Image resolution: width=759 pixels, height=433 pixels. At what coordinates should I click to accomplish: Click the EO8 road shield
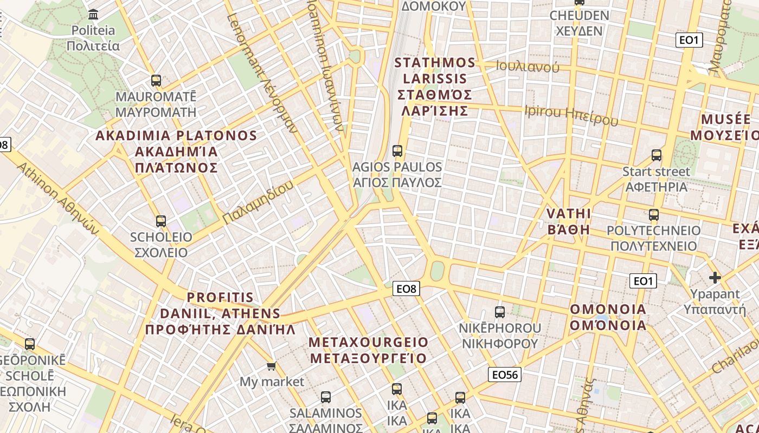click(x=407, y=289)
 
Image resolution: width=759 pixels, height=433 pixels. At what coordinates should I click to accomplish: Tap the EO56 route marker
click(x=504, y=375)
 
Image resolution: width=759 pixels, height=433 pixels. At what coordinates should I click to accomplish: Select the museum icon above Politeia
click(x=93, y=14)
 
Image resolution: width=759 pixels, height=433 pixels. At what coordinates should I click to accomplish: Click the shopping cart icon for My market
click(x=272, y=366)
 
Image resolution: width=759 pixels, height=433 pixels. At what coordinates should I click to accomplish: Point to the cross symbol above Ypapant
click(x=715, y=278)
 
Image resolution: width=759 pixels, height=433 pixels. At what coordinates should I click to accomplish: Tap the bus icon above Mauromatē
click(x=156, y=81)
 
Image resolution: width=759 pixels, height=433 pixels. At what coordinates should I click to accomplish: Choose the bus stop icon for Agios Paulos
click(x=397, y=151)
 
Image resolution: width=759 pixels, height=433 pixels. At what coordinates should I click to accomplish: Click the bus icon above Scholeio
click(x=160, y=221)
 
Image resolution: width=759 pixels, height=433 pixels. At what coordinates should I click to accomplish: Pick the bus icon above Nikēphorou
click(x=500, y=312)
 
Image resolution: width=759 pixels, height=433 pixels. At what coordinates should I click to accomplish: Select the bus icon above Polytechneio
click(x=654, y=214)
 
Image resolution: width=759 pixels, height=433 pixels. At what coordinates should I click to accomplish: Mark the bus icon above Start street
click(x=657, y=155)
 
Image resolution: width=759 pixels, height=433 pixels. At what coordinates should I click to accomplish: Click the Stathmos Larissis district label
click(x=434, y=87)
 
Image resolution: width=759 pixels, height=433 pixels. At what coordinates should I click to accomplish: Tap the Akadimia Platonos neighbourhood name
click(x=176, y=152)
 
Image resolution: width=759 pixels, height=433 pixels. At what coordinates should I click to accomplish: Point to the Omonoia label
click(x=608, y=317)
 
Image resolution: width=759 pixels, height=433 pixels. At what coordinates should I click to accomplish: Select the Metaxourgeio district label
click(x=368, y=350)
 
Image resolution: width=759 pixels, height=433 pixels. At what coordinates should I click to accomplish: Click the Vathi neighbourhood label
click(x=568, y=221)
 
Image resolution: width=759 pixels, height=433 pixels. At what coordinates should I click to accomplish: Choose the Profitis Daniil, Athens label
click(x=220, y=313)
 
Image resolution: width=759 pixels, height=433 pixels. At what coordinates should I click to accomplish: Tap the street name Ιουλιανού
click(x=528, y=67)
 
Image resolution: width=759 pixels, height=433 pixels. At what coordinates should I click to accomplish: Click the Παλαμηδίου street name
click(x=258, y=202)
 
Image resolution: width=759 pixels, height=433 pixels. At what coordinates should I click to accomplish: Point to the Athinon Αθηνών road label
click(x=58, y=200)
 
